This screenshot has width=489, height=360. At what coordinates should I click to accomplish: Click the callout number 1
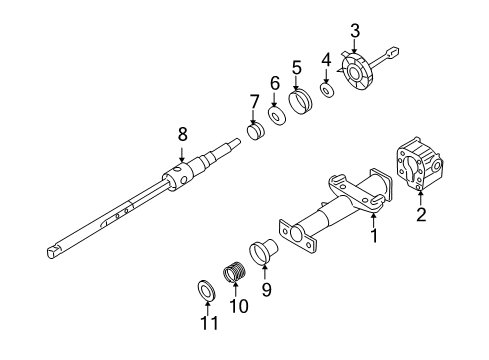click(374, 237)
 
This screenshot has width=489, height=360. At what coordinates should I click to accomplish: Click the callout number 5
click(296, 67)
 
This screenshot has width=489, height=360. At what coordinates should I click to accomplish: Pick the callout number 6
click(274, 84)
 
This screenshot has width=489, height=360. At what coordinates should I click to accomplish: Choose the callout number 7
click(254, 101)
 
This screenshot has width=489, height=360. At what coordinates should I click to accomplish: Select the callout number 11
click(208, 323)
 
